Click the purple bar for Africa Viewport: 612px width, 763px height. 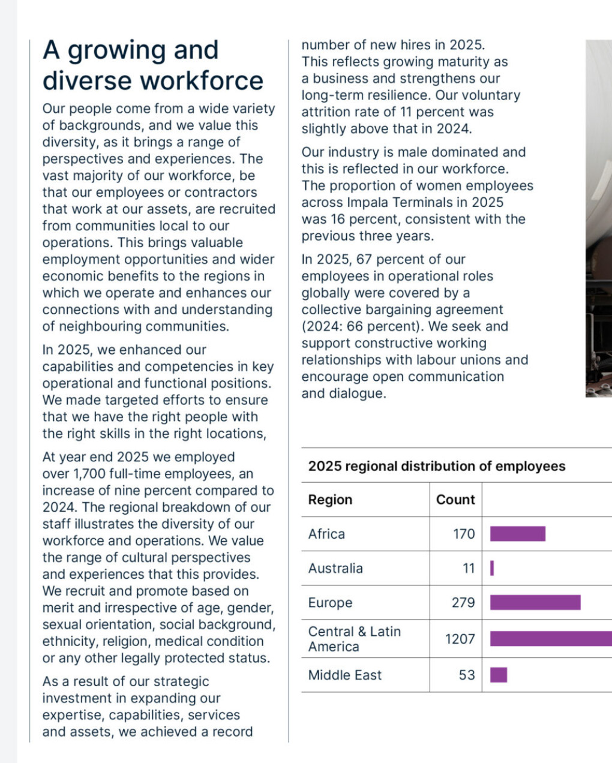point(517,534)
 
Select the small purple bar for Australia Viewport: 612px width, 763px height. point(492,568)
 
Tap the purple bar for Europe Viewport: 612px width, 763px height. point(535,602)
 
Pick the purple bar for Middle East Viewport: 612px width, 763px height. point(499,675)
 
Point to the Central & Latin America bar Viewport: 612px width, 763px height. point(551,639)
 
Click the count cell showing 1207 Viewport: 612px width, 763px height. point(460,639)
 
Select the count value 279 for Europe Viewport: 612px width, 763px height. point(463,602)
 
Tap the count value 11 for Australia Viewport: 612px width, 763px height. point(469,568)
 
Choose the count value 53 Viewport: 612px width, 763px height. point(467,675)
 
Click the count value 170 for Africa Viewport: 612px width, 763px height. point(463,534)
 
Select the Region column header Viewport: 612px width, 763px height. point(330,500)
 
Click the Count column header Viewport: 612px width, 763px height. point(455,500)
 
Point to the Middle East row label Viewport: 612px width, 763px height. point(344,675)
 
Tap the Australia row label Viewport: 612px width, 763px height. point(335,568)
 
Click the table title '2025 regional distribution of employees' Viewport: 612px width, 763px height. point(436,466)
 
